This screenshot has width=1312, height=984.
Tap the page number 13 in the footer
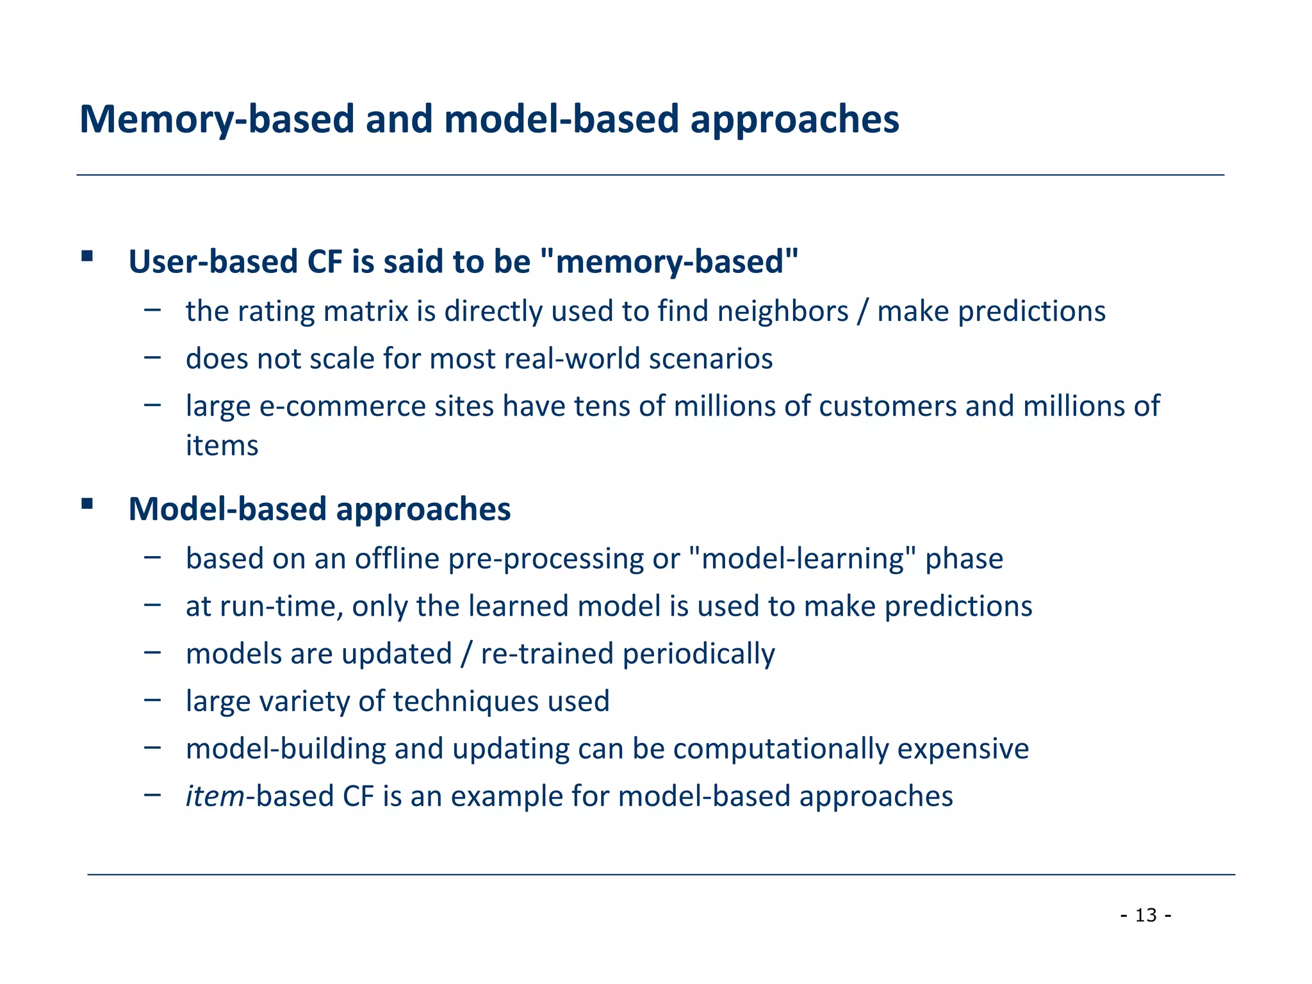pyautogui.click(x=1146, y=915)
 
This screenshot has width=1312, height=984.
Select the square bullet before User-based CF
pyautogui.click(x=87, y=258)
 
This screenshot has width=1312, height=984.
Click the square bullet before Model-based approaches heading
pyautogui.click(x=87, y=504)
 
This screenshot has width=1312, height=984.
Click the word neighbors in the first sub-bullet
pyautogui.click(x=782, y=312)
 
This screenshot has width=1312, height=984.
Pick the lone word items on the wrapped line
pyautogui.click(x=222, y=446)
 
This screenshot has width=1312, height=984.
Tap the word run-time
pyautogui.click(x=281, y=607)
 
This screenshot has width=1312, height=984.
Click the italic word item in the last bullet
pyautogui.click(x=215, y=796)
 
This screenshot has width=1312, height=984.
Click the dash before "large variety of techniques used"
pyautogui.click(x=152, y=700)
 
